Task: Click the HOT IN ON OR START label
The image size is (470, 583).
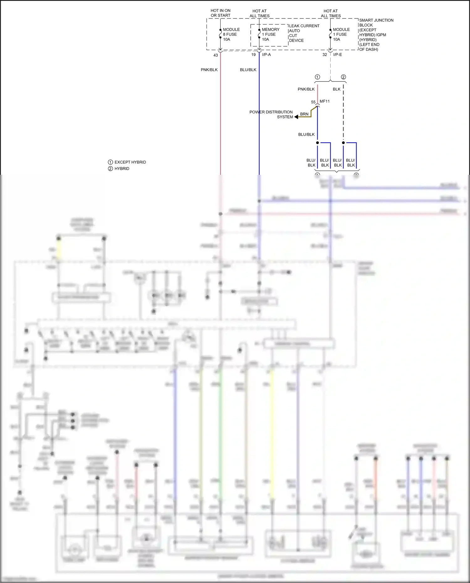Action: (220, 13)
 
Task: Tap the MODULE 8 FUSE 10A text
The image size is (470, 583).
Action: (231, 34)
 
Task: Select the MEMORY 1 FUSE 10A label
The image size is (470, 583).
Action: (270, 34)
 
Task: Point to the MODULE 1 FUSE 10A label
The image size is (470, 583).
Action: (341, 34)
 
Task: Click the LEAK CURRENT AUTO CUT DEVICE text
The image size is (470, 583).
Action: (304, 33)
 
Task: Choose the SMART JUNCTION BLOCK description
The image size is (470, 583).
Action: (376, 35)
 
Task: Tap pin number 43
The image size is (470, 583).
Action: (216, 55)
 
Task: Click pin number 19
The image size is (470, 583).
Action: (253, 55)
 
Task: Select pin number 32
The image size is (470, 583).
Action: (325, 55)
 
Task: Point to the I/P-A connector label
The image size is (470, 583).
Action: (266, 55)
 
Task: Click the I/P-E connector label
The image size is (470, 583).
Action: (337, 55)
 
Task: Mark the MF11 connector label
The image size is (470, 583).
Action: (325, 101)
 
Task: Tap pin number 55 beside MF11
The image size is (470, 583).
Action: (313, 102)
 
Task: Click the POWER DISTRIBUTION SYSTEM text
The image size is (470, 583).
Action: (271, 114)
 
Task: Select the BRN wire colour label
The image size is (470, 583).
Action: (304, 114)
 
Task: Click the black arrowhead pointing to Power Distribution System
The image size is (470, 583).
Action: (296, 117)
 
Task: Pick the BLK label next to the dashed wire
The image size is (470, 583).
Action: (337, 89)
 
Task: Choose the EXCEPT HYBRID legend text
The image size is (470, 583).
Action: (130, 162)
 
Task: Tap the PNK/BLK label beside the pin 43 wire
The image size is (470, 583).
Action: (209, 70)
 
